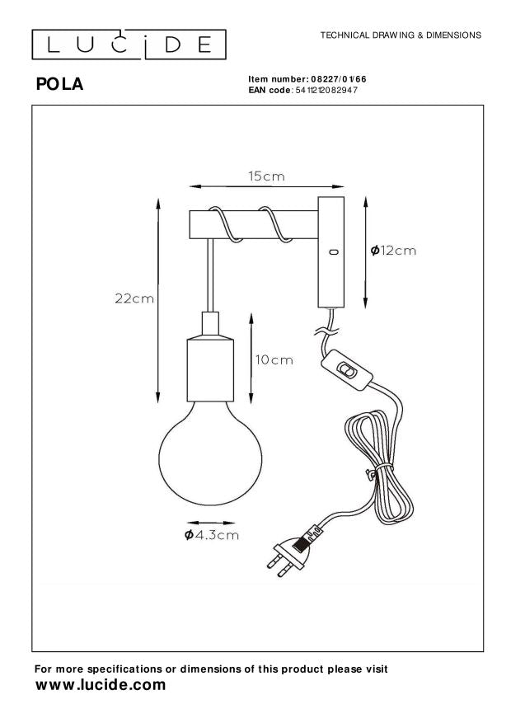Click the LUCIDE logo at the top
129,45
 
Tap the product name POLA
60,84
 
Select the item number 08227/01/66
339,79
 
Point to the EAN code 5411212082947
326,90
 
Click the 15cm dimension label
266,176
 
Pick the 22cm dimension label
134,298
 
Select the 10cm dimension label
274,359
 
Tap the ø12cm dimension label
393,251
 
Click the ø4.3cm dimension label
212,535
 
